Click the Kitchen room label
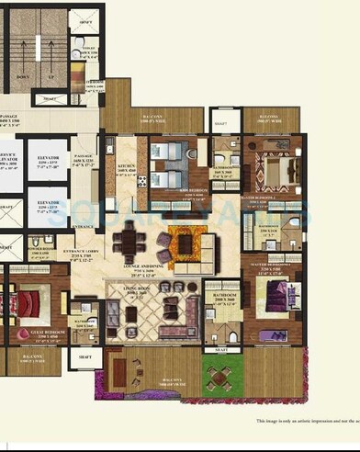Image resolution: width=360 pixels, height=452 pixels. (x=127, y=169)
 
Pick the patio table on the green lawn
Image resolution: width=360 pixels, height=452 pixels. (x=220, y=377)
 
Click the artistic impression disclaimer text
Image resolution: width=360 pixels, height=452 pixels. (x=307, y=422)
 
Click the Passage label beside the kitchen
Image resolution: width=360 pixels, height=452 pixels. (x=85, y=162)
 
